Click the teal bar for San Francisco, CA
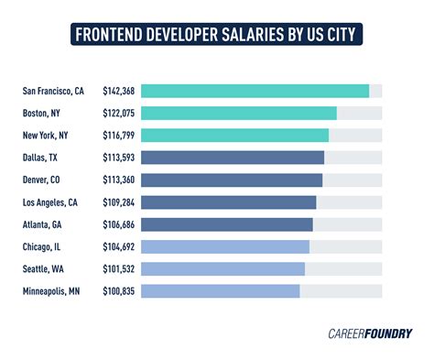255,91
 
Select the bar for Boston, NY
238,113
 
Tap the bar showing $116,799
234,136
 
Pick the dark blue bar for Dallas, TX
233,158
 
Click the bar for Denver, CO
232,180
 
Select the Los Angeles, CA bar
228,202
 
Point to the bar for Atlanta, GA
227,224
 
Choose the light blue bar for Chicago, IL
225,246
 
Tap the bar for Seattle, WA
222,268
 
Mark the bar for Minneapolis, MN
221,290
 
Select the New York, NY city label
45,136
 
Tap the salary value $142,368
118,91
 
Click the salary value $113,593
118,158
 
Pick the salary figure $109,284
118,202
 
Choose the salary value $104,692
118,246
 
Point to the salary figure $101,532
118,268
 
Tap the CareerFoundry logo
369,333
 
